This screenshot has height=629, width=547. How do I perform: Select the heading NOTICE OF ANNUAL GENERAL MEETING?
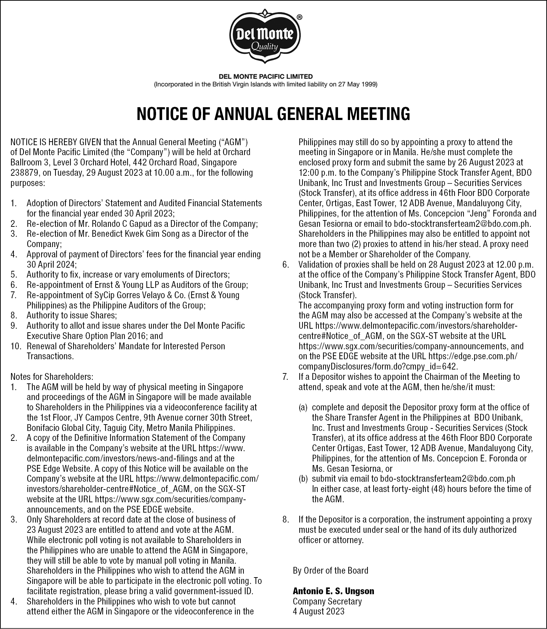pos(273,114)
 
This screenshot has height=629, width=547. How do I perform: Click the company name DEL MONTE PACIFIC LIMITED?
pos(266,76)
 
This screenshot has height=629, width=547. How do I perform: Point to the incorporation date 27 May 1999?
pos(357,84)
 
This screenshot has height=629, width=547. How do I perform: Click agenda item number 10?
pos(16,346)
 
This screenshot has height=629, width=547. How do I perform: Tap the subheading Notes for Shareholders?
pos(52,377)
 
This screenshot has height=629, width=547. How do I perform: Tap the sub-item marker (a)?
pos(303,408)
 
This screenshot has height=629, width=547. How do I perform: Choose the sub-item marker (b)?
pos(303,479)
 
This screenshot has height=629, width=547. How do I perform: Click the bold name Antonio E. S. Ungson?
pos(333,591)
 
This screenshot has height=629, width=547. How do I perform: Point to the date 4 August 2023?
pos(318,611)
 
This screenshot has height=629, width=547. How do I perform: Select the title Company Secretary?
pos(327,601)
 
